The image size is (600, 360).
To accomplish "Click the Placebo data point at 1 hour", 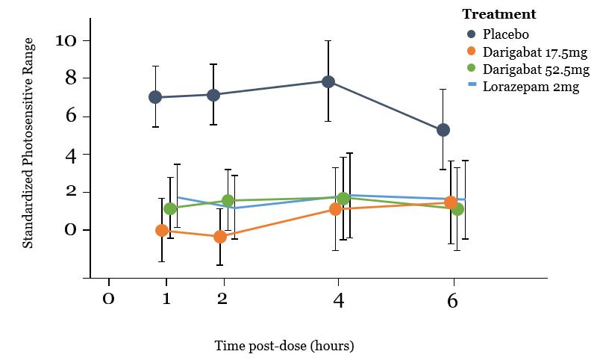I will (155, 97).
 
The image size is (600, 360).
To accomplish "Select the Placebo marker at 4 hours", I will (328, 81).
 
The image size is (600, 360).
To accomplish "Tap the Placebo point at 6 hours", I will (443, 130).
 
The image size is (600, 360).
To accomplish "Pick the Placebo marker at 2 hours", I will (213, 95).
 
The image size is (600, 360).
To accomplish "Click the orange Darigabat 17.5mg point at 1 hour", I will (161, 231).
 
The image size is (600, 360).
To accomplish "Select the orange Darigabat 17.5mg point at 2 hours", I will (219, 237).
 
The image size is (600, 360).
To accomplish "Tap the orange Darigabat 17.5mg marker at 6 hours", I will (451, 202).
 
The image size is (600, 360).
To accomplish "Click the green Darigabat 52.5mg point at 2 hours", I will (228, 201).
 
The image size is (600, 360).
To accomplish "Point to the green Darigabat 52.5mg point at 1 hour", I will (170, 209).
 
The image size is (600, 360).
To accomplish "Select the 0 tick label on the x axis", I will (109, 300).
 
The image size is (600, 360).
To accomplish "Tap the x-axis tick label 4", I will (339, 300).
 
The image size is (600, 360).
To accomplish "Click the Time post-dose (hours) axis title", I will (284, 347).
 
